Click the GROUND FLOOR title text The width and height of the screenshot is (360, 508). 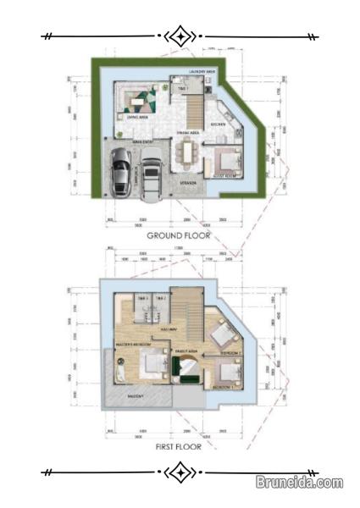click(179, 235)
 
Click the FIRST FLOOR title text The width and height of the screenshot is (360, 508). click(179, 445)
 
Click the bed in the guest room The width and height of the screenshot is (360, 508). click(226, 160)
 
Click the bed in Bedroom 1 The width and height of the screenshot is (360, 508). click(227, 372)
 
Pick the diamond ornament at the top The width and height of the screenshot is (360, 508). click(180, 36)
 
